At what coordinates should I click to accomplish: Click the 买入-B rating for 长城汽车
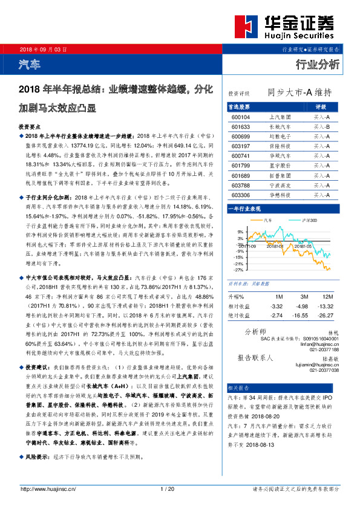tap(321, 127)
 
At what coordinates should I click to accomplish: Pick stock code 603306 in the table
tap(240, 195)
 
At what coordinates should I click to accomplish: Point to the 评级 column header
tap(321, 106)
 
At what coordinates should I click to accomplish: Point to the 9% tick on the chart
tap(240, 232)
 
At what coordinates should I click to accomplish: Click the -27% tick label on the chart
tap(238, 270)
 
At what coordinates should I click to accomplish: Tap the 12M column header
tap(328, 297)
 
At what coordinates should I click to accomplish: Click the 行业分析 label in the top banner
tap(318, 64)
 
